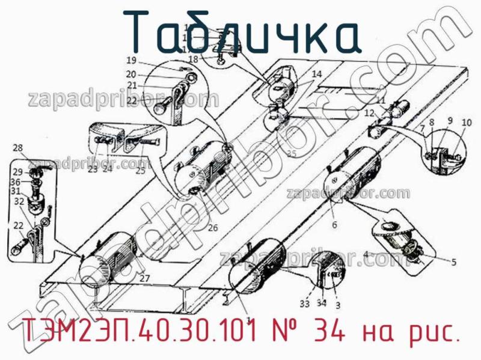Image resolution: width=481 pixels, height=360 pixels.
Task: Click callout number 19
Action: (x=132, y=60)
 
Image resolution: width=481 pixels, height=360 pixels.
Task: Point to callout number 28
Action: (x=18, y=148)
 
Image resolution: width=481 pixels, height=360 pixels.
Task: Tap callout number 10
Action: (x=467, y=123)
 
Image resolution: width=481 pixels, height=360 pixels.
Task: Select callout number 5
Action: (x=453, y=261)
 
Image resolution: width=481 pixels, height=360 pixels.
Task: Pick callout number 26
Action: (x=213, y=228)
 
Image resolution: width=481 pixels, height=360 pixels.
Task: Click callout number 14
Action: (x=316, y=74)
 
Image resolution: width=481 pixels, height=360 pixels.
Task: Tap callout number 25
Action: (x=140, y=171)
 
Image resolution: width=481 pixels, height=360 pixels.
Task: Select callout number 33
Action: (x=305, y=304)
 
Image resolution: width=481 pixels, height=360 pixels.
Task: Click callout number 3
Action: (x=338, y=305)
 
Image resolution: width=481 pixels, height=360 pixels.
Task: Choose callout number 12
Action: (x=369, y=113)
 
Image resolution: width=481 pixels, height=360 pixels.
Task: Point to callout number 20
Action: (x=132, y=74)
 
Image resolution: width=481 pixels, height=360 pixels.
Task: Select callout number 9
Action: (x=449, y=121)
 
